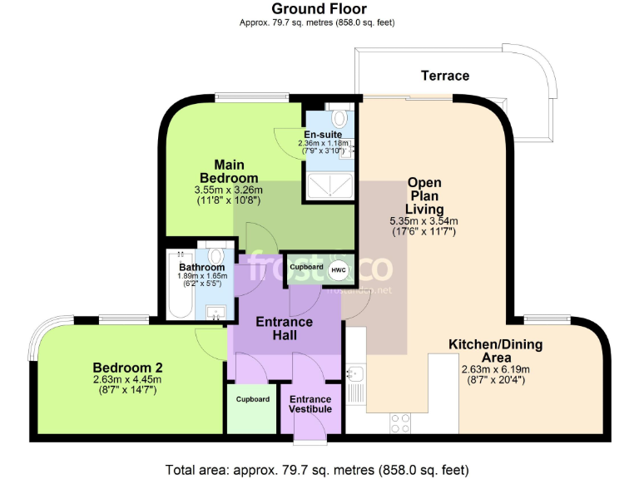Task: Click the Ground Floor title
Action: tap(319, 9)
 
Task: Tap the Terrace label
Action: tap(444, 76)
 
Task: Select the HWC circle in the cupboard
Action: tap(339, 270)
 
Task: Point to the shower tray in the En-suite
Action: tap(329, 186)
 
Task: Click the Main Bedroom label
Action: tap(229, 170)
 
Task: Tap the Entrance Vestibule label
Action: tap(310, 404)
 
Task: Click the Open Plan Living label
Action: tap(424, 195)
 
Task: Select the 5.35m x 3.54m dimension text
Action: tap(424, 221)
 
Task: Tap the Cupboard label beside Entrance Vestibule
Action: tap(252, 399)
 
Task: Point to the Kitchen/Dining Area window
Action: tap(545, 319)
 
